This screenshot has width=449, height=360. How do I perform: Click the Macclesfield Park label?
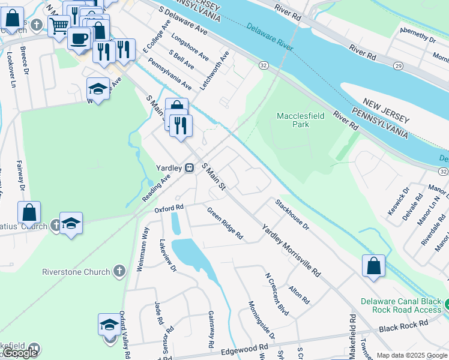[x=293, y=120]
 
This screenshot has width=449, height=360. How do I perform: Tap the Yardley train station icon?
[x=189, y=168]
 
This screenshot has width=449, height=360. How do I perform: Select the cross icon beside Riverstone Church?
[x=119, y=271]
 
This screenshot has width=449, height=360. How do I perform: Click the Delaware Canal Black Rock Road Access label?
[x=401, y=305]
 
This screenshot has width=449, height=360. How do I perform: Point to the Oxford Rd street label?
[x=169, y=209]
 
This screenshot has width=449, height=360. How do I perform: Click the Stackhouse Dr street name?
[x=292, y=215]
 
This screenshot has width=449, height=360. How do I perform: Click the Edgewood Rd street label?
[x=244, y=349]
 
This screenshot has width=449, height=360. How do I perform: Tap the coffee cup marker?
[x=79, y=38]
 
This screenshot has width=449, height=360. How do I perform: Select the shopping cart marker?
[x=59, y=25]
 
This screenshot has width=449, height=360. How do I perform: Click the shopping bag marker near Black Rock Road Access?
[x=373, y=265]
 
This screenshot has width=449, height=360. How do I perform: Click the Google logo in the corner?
[x=20, y=353]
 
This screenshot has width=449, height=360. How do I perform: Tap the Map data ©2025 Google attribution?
[x=412, y=355]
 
